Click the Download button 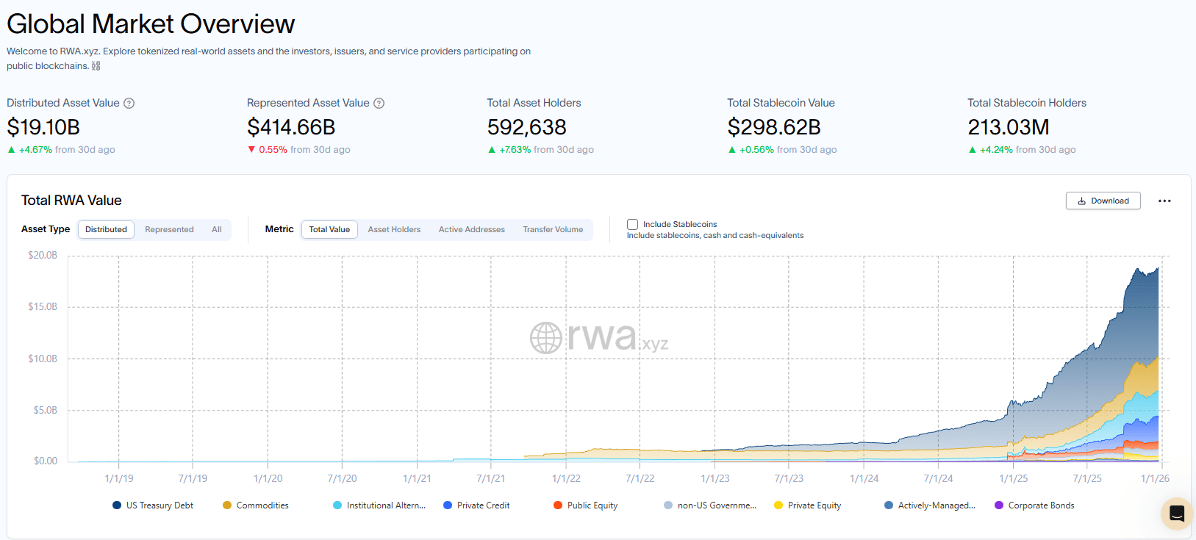tap(1103, 201)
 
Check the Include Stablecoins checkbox tap(632, 224)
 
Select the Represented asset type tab tap(169, 230)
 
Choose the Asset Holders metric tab tap(394, 230)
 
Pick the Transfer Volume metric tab tap(553, 230)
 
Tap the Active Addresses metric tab tap(472, 230)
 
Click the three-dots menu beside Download tap(1164, 201)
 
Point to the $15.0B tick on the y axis tap(43, 306)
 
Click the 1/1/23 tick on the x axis tap(715, 478)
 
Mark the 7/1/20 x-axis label tap(342, 478)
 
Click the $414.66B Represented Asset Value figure tap(291, 127)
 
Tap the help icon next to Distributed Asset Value tap(129, 104)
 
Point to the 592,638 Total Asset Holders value tap(526, 127)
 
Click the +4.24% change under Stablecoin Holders tap(996, 150)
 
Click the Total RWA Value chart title tap(71, 201)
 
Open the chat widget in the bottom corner tap(1176, 514)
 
